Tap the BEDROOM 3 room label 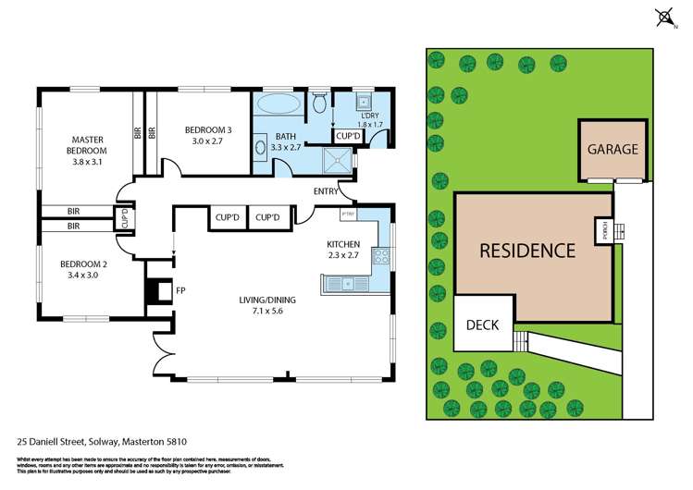pyautogui.click(x=207, y=130)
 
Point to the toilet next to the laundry pyautogui.click(x=319, y=102)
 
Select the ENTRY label pyautogui.click(x=326, y=190)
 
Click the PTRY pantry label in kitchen pyautogui.click(x=349, y=215)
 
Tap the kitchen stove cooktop pyautogui.click(x=379, y=257)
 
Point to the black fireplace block pyautogui.click(x=152, y=291)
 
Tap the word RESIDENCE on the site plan pyautogui.click(x=526, y=250)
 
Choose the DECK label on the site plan pyautogui.click(x=481, y=325)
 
